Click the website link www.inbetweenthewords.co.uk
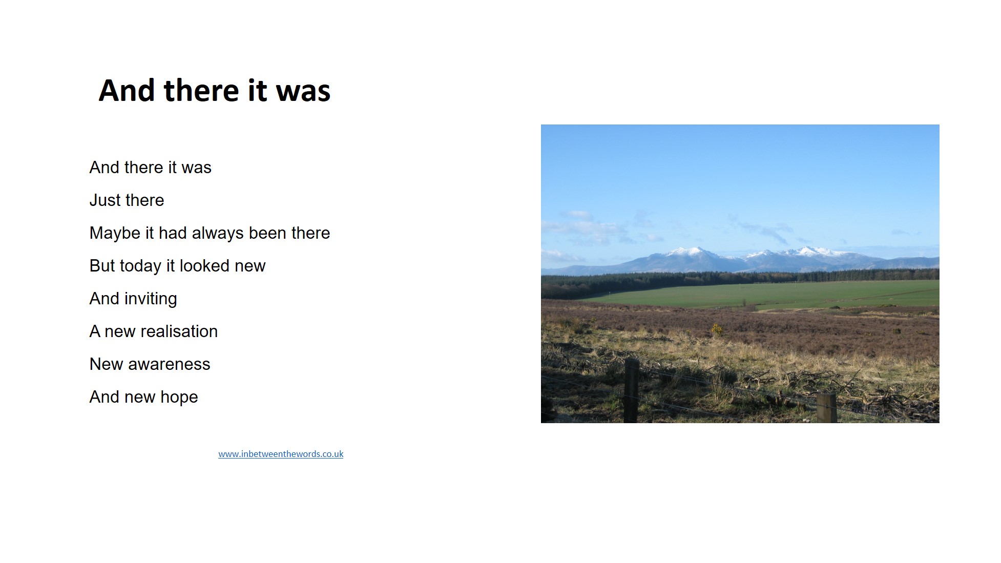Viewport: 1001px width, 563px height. tap(281, 454)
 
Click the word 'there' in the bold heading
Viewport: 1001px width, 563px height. tap(201, 91)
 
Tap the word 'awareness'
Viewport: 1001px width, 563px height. tap(169, 365)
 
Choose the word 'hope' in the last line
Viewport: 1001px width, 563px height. tap(179, 398)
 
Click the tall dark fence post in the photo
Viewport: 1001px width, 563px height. tap(631, 390)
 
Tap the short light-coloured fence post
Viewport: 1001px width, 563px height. tap(826, 408)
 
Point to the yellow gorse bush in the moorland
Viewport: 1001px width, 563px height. tap(716, 329)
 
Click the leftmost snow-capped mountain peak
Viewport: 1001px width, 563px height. tap(688, 252)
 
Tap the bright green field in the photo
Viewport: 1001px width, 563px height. tap(768, 295)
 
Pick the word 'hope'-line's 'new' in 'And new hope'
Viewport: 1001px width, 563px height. tap(139, 398)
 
